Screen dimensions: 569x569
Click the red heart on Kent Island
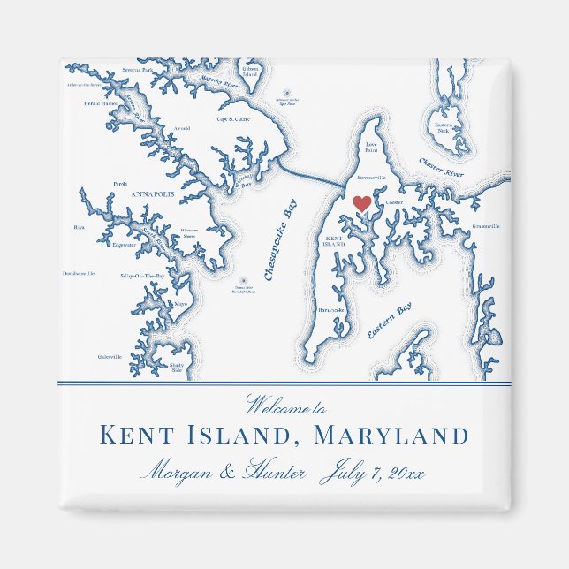361,203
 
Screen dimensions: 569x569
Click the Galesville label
110,356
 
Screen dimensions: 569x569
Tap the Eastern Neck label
443,127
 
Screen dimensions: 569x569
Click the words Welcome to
285,408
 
